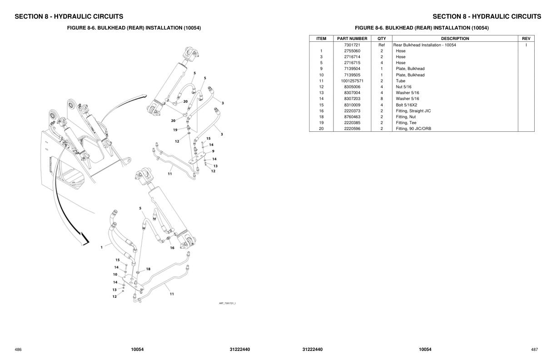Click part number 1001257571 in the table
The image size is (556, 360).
coord(352,81)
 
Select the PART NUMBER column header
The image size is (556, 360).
coord(352,39)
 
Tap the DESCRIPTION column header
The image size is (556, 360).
coord(455,39)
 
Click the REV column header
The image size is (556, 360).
coord(526,39)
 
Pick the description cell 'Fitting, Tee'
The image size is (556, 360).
coord(406,123)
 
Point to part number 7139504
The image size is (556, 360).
coord(352,69)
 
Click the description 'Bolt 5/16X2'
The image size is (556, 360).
coord(406,105)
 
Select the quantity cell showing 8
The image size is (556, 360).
coord(382,99)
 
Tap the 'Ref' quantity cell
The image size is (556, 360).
coord(382,45)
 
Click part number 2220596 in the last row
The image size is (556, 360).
coord(352,129)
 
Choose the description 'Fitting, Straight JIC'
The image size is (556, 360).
coord(413,111)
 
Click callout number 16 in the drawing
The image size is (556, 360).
coord(172,248)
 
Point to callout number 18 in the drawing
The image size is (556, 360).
coord(148,269)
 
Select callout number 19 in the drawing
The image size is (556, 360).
coord(175,130)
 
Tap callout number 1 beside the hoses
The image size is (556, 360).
coord(101,247)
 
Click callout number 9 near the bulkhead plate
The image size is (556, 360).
coord(213,151)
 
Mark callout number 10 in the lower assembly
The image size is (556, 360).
coord(115,275)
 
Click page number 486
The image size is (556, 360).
coord(18,350)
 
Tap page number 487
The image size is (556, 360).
coord(534,350)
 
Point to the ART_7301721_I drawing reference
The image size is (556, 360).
coord(227,303)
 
